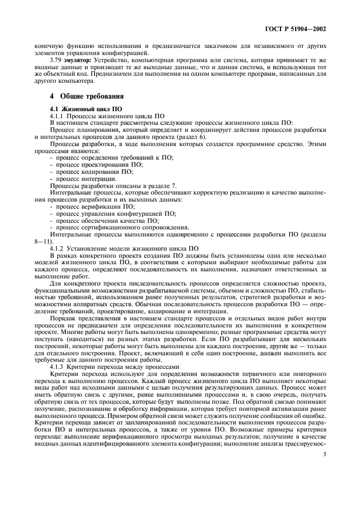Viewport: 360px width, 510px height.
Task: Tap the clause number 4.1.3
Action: click(x=58, y=368)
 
